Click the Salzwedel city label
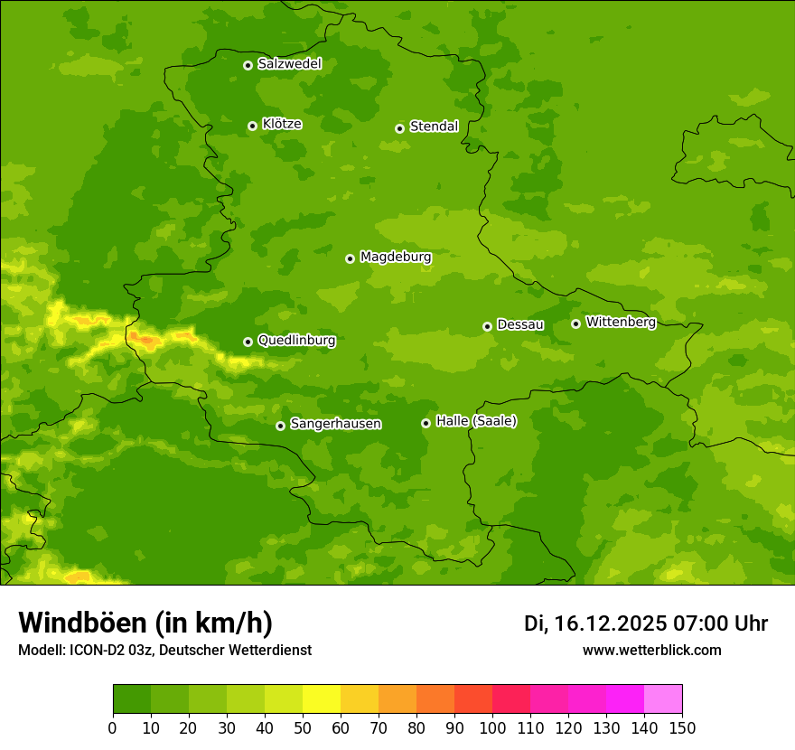(x=289, y=64)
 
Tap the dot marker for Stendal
(x=399, y=128)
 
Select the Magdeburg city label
(x=396, y=258)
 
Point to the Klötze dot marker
(x=252, y=126)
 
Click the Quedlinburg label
(x=296, y=341)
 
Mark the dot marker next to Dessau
(x=487, y=326)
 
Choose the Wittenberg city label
(x=621, y=323)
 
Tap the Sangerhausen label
(x=335, y=424)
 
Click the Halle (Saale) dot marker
(x=426, y=423)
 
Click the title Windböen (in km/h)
(x=145, y=623)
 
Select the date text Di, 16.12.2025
(x=595, y=623)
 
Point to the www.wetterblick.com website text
(x=651, y=650)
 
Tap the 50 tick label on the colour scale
(x=303, y=728)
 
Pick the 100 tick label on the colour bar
(x=492, y=728)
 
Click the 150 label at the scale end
(x=682, y=728)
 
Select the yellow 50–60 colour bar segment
(x=322, y=699)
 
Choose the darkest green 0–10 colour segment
(x=132, y=699)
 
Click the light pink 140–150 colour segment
(x=663, y=699)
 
